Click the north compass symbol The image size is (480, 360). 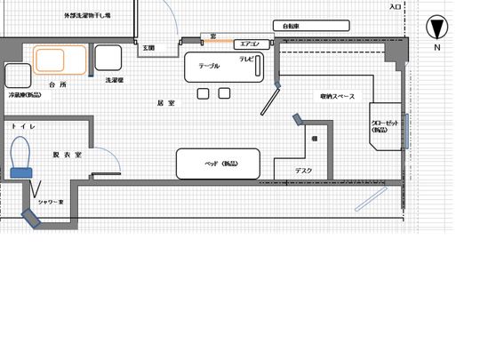[436, 26]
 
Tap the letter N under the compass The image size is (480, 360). [436, 47]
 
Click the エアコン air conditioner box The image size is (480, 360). [248, 44]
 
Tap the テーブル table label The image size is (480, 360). [210, 66]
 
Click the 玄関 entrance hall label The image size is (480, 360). [148, 47]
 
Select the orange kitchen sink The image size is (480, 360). [60, 60]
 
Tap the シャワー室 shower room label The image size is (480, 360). [52, 203]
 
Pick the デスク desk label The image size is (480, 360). [304, 171]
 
